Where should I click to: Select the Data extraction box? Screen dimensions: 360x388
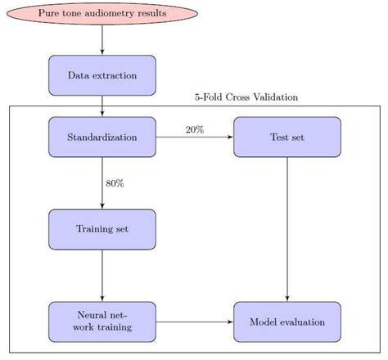102,75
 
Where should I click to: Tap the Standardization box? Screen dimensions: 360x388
102,137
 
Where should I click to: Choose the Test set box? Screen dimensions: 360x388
287,137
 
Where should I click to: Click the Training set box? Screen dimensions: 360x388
102,229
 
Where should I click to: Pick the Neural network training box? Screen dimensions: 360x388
102,322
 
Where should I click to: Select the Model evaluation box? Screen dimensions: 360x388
287,322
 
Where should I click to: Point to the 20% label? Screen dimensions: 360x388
195,129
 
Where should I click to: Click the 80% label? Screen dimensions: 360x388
115,183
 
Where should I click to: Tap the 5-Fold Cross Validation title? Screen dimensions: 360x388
246,97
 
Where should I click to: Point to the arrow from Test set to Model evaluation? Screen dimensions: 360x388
287,229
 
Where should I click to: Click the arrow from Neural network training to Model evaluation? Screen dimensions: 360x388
195,322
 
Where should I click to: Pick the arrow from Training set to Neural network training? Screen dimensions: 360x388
102,275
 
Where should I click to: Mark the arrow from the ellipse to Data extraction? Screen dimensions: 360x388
102,40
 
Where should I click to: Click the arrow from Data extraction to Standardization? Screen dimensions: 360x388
102,106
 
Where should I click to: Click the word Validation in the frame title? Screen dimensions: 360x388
276,97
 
